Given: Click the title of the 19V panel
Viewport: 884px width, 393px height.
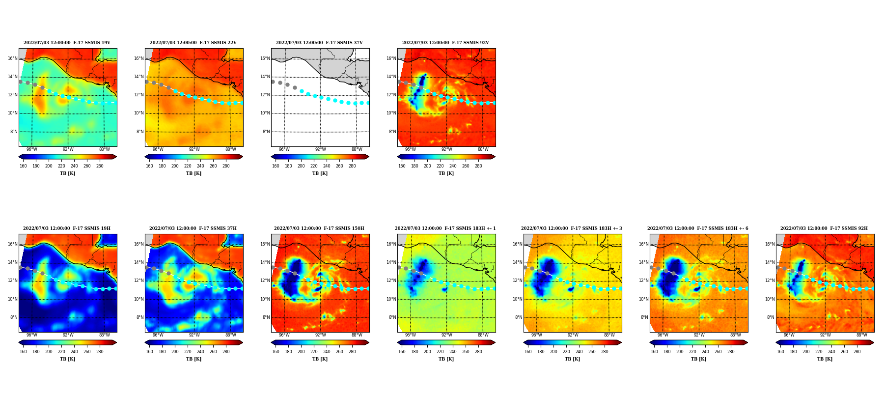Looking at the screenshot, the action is pyautogui.click(x=67, y=43).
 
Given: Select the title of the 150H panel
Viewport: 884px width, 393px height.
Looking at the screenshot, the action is pyautogui.click(x=319, y=228).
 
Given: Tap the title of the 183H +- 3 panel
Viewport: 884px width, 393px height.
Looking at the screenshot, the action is pyautogui.click(x=572, y=228).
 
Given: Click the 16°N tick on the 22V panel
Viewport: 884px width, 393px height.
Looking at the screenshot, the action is pyautogui.click(x=139, y=58).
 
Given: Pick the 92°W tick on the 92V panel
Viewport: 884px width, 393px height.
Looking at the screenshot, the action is pyautogui.click(x=446, y=149).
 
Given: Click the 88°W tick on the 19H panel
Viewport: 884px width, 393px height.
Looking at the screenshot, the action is pyautogui.click(x=104, y=335).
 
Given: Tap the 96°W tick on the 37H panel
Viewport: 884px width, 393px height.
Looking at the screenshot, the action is pyautogui.click(x=158, y=335).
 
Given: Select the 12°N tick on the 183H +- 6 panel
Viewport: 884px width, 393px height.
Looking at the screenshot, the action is pyautogui.click(x=644, y=281).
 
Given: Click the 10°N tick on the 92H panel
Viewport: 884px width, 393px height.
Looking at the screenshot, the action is pyautogui.click(x=770, y=299).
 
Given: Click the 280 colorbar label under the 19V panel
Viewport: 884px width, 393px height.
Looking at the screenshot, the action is pyautogui.click(x=100, y=166).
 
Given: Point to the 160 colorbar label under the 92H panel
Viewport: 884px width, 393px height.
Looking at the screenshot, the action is pyautogui.click(x=780, y=352).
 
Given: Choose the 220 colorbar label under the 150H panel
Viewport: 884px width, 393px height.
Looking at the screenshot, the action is pyautogui.click(x=314, y=352).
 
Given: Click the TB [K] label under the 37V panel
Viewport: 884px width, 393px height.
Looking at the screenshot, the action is pyautogui.click(x=320, y=173).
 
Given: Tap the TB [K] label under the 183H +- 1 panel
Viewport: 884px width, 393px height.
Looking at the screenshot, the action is pyautogui.click(x=446, y=359).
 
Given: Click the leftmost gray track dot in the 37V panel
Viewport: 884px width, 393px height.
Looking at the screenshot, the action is pyautogui.click(x=273, y=82).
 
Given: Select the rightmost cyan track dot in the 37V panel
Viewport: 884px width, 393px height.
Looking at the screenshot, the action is pyautogui.click(x=368, y=103).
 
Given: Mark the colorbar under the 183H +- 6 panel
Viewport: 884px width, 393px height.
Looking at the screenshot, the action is pyautogui.click(x=698, y=342).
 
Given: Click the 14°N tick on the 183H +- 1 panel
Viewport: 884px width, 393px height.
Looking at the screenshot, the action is pyautogui.click(x=391, y=262).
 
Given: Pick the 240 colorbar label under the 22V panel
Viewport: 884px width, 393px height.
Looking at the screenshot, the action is pyautogui.click(x=200, y=166).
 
